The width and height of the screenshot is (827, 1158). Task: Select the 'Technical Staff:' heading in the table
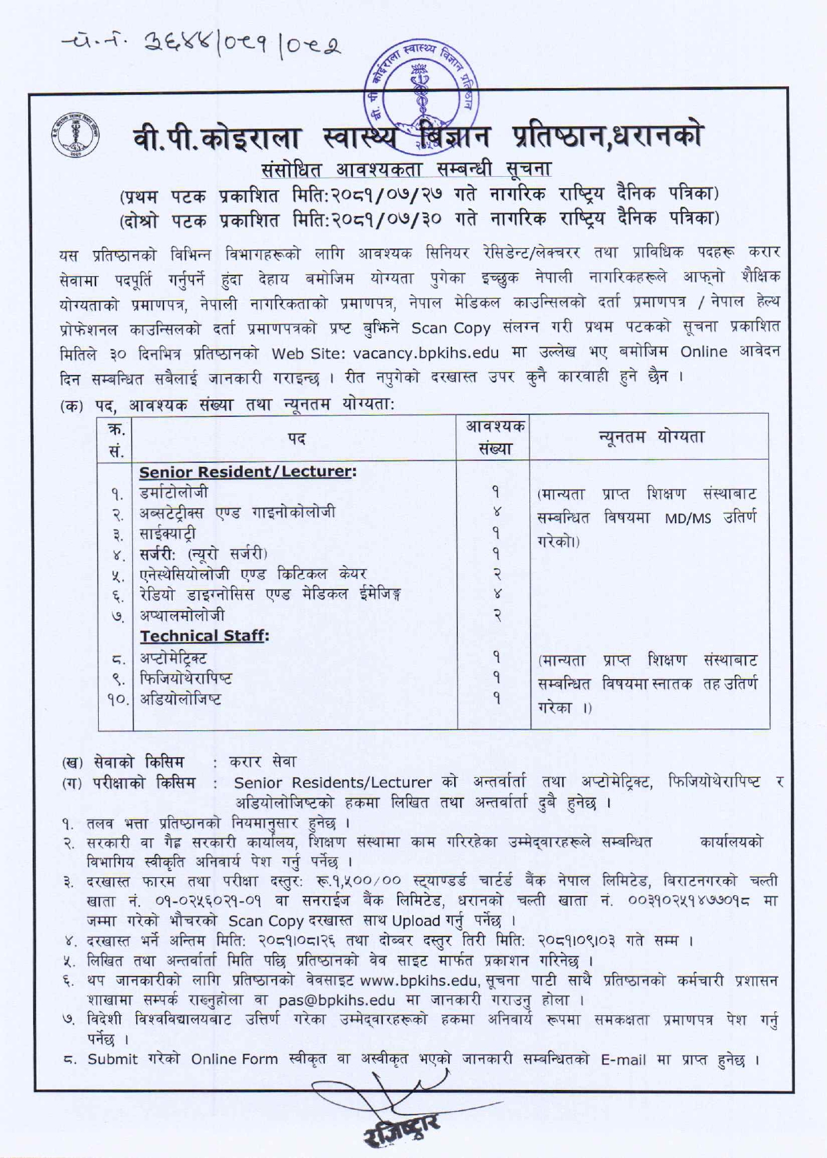point(203,636)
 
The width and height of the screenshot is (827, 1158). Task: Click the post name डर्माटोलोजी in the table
point(173,493)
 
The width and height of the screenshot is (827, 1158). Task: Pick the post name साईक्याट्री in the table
point(168,534)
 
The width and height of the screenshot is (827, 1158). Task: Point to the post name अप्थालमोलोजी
point(182,614)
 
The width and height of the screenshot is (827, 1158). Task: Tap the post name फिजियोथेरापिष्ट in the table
point(186,678)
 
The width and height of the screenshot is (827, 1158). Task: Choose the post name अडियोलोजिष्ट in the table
point(181,699)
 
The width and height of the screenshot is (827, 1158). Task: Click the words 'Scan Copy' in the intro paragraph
point(451,328)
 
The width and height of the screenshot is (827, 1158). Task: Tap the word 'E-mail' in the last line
point(623,1059)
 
